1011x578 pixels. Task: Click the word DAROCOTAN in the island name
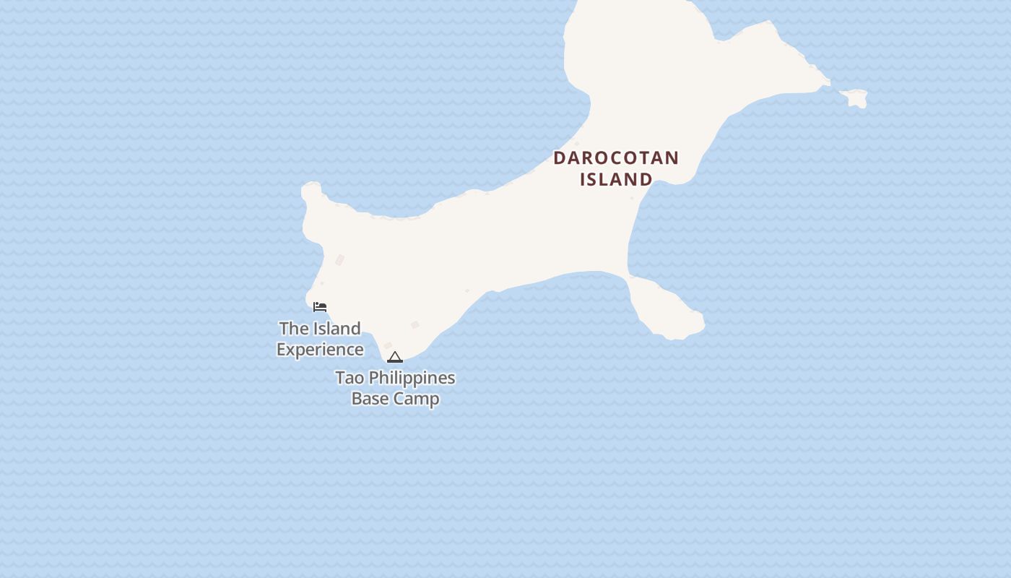click(616, 158)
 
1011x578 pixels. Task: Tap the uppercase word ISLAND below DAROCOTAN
click(616, 179)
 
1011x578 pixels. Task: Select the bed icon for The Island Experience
click(320, 307)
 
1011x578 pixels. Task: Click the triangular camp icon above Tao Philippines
click(394, 357)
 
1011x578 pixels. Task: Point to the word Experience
click(320, 350)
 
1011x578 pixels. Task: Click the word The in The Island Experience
click(293, 329)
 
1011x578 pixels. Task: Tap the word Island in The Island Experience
click(336, 329)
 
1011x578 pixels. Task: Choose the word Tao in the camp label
click(349, 378)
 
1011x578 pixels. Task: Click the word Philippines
click(411, 378)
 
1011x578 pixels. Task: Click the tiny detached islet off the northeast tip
click(855, 98)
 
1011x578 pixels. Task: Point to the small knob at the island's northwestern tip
click(311, 191)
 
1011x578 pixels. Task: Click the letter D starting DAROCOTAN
click(560, 158)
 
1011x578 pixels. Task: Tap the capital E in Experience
click(282, 350)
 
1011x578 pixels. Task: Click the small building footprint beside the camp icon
click(388, 346)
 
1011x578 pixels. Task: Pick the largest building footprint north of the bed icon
click(339, 260)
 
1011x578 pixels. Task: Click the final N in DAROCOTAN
click(672, 158)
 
